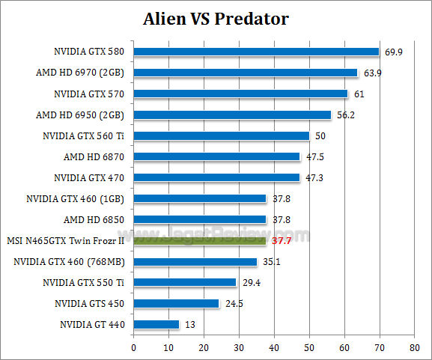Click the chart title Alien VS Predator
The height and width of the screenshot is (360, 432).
(216, 17)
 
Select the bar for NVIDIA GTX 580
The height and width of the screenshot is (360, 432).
(256, 52)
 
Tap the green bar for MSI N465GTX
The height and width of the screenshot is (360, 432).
(200, 241)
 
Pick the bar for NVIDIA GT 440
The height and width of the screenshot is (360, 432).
(156, 325)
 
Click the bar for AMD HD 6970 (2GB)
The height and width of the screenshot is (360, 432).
(246, 73)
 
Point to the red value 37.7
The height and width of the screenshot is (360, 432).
(282, 241)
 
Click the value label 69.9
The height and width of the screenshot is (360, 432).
(394, 52)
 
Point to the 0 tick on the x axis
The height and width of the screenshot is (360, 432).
(133, 347)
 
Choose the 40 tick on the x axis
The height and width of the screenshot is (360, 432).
(274, 347)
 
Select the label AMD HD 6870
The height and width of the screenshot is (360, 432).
(94, 157)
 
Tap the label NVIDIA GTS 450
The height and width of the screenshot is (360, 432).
(89, 304)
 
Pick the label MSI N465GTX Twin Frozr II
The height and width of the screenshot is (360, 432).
(65, 241)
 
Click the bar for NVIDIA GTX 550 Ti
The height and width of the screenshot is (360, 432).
(185, 283)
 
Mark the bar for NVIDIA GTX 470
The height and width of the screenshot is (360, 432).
(216, 178)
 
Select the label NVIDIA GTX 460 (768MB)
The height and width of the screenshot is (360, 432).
(69, 262)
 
